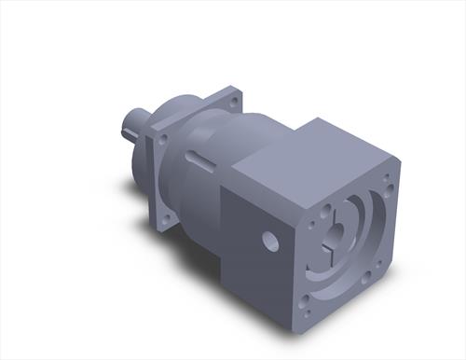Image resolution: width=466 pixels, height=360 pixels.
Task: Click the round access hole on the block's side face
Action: (x=270, y=242)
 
